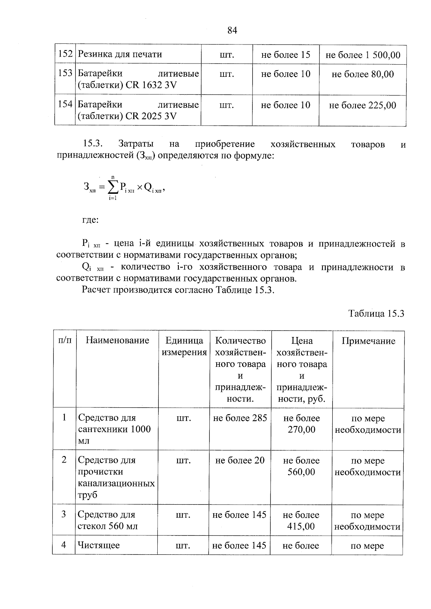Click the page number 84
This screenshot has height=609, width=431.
232,31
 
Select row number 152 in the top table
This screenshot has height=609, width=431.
65,54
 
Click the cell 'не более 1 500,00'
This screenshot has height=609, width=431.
363,55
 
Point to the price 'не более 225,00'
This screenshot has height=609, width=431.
363,106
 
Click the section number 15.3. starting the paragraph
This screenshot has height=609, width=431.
93,144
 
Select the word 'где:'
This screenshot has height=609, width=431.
90,220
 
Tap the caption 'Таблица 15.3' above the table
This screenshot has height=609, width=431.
376,313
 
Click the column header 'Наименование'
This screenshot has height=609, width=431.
117,340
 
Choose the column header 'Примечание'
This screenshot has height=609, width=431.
368,341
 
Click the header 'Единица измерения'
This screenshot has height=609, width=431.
184,346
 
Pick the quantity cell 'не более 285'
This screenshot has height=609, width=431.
240,418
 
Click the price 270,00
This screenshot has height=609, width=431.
301,430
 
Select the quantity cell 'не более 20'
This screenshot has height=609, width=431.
240,460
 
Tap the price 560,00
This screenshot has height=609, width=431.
301,472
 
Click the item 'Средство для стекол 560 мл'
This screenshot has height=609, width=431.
108,520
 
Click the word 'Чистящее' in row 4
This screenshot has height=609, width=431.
99,545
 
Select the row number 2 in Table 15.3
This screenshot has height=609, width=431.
64,460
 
